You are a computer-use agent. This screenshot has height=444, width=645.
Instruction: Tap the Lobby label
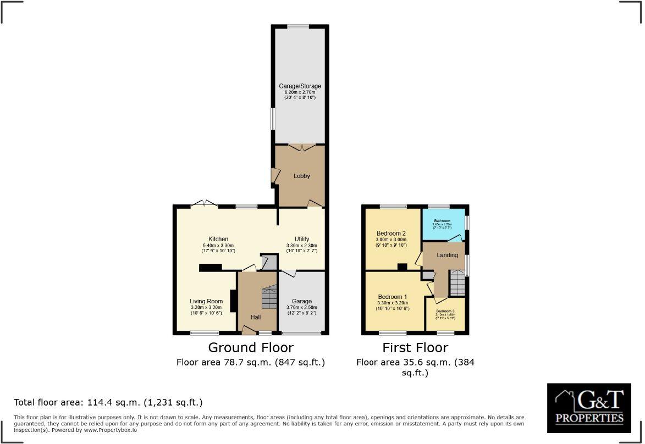pyautogui.click(x=301, y=176)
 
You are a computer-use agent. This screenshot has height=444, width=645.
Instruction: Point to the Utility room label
pyautogui.click(x=301, y=239)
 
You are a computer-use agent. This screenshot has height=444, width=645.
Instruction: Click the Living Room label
pyautogui.click(x=206, y=301)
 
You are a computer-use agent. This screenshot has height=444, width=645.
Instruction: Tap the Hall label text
pyautogui.click(x=256, y=317)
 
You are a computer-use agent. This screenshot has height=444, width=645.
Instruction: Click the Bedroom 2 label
pyautogui.click(x=392, y=233)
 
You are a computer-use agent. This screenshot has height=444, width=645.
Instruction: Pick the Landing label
pyautogui.click(x=447, y=256)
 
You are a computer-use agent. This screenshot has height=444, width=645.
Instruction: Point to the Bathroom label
pyautogui.click(x=442, y=221)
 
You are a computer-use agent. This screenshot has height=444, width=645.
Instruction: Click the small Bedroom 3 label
pyautogui.click(x=445, y=311)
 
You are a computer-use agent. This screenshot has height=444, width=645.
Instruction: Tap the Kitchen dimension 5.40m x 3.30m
pyautogui.click(x=218, y=246)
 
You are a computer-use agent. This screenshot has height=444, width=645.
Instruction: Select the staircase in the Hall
pyautogui.click(x=269, y=297)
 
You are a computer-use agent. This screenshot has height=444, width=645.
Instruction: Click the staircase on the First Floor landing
pyautogui.click(x=457, y=282)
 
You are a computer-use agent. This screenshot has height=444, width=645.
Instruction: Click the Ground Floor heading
pyautogui.click(x=250, y=348)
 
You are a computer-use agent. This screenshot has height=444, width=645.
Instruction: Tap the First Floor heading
pyautogui.click(x=415, y=348)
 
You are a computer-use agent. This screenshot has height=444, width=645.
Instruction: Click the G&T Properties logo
pyautogui.click(x=589, y=408)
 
